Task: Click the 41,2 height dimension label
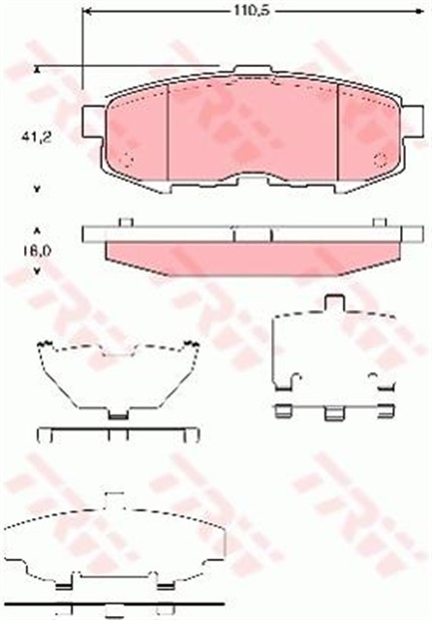pos(38,139)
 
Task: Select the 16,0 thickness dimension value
pos(38,251)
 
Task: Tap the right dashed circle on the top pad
pos(380,161)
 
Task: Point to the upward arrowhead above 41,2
pos(38,70)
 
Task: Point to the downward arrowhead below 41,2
pos(38,187)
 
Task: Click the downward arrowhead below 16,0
pos(38,271)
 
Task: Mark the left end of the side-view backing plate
pos(88,233)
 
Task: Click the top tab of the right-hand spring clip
pos(337,304)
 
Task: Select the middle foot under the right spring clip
pos(334,414)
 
